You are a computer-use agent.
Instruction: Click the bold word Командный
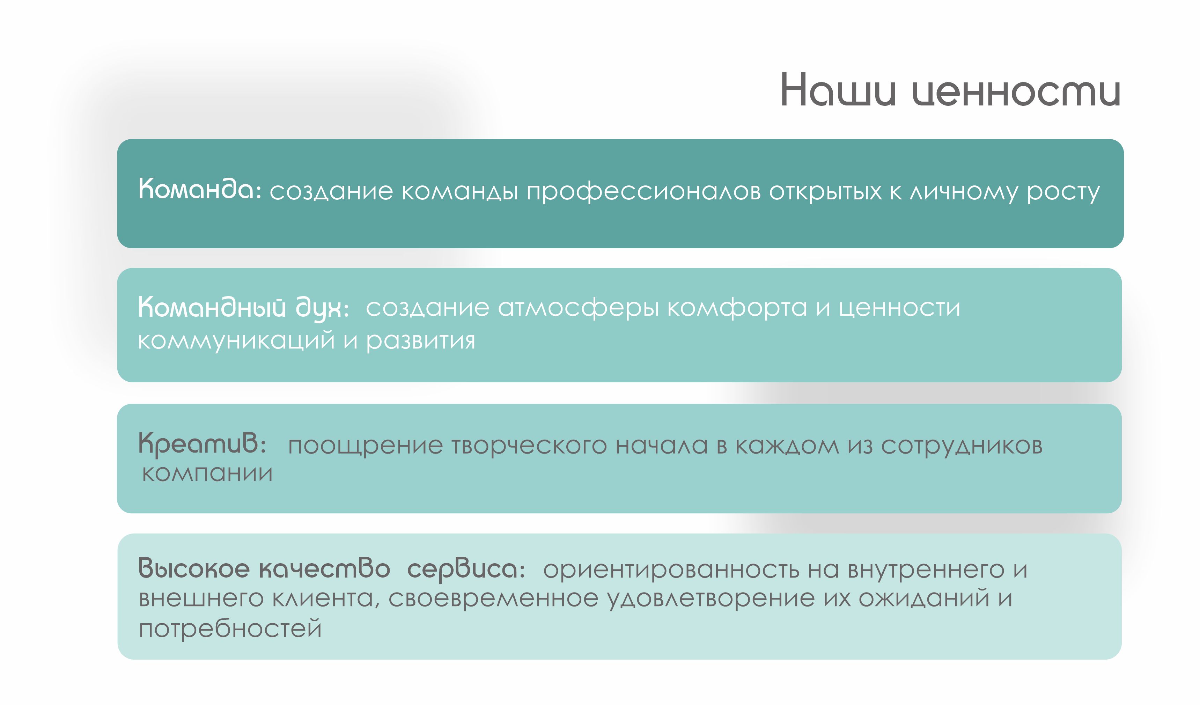212,307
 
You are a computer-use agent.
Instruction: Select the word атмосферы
578,309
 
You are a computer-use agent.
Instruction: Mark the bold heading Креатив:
202,443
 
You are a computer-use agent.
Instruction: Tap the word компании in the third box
207,473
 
